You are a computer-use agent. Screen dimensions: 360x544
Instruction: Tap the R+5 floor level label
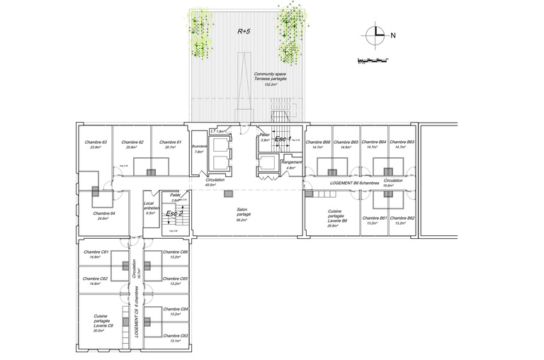click(x=244, y=32)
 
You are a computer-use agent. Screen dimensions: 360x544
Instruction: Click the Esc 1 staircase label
click(x=283, y=140)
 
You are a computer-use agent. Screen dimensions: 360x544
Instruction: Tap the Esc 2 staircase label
click(x=174, y=213)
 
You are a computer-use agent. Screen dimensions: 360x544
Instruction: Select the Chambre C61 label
click(x=96, y=254)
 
